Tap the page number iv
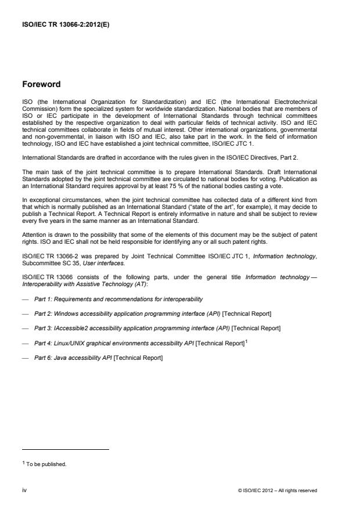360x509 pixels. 24,490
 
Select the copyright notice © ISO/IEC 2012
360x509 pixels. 278,490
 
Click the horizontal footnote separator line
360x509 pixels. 65,449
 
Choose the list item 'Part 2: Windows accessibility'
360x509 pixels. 152,313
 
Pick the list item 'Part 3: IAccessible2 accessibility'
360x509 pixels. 157,328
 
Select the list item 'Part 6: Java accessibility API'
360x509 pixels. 98,358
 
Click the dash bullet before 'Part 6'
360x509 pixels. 26,358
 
